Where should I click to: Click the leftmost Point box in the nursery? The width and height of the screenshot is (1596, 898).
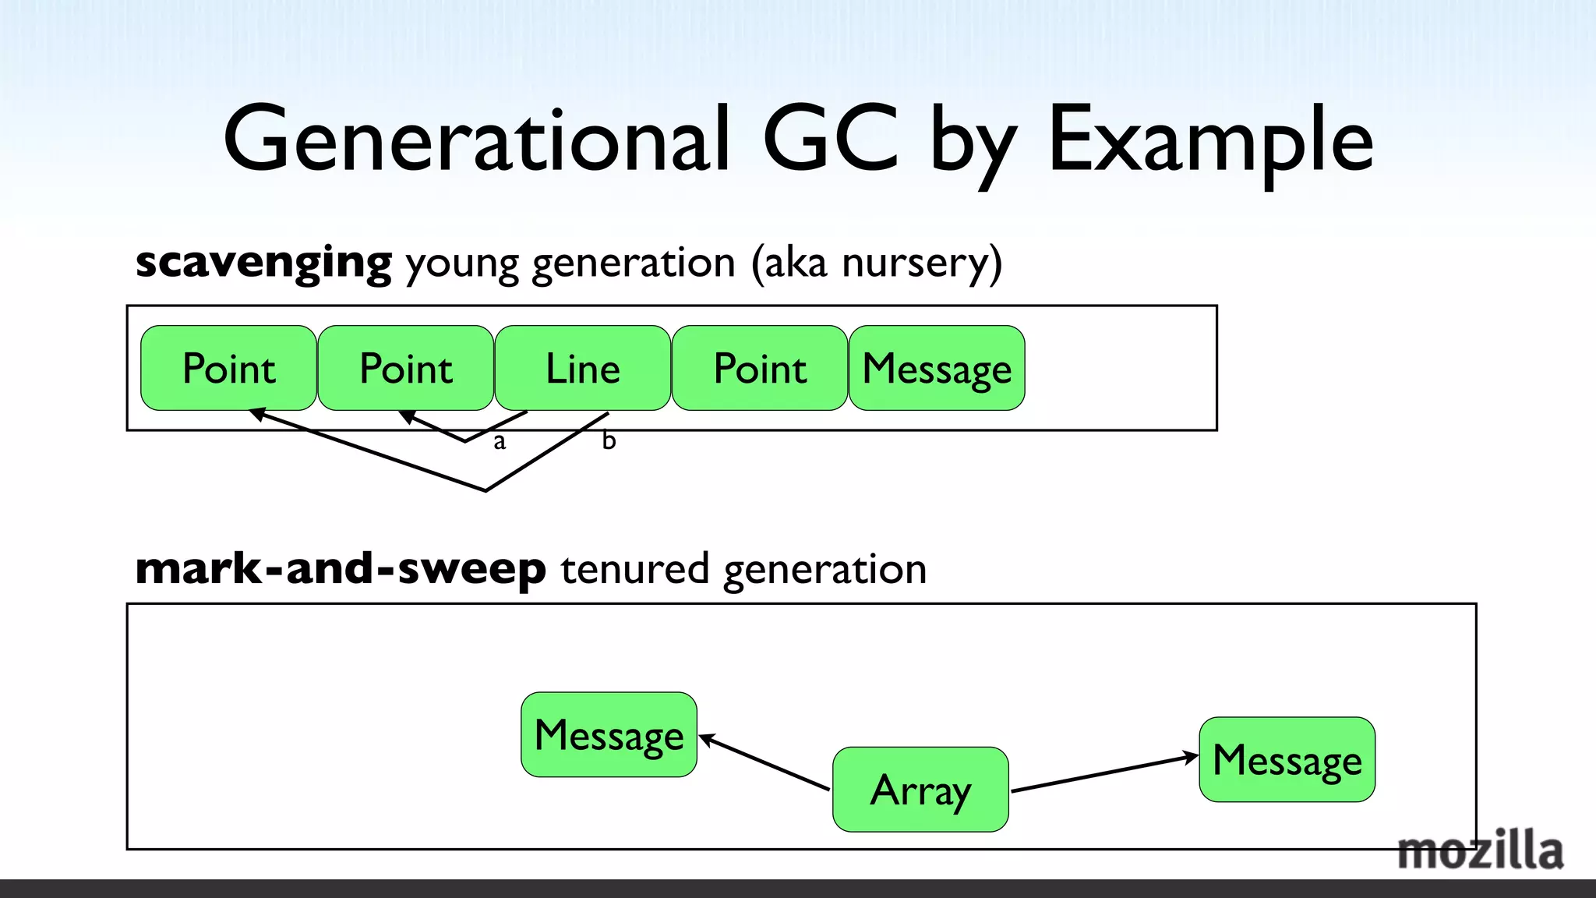(x=228, y=368)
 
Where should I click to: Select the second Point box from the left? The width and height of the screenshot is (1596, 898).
(x=405, y=368)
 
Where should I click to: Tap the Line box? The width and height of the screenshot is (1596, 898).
(x=582, y=368)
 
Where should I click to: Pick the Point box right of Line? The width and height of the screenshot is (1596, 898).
(x=760, y=368)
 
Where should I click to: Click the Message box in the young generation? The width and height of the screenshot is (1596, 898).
(x=937, y=368)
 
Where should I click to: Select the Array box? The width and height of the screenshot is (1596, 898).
(x=920, y=790)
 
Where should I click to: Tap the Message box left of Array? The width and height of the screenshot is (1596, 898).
(x=609, y=734)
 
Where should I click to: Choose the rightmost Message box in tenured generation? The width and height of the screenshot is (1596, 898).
(x=1287, y=759)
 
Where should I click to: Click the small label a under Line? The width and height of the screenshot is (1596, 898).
(x=500, y=443)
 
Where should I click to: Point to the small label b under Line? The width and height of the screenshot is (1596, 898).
(x=609, y=441)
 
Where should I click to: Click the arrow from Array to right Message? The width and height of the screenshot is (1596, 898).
(x=1103, y=773)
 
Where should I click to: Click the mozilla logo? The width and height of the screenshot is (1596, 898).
(x=1479, y=851)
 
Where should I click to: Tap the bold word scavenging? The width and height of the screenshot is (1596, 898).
(x=263, y=263)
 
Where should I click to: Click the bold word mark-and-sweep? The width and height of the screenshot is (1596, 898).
(x=341, y=568)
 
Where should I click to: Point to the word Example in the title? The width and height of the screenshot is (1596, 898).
(x=1209, y=140)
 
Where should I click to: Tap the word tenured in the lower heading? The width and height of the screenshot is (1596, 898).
(x=634, y=568)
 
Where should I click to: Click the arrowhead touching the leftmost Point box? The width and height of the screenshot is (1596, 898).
(x=256, y=414)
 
